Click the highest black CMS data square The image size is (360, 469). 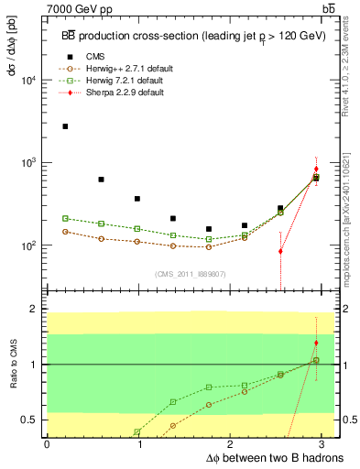point(65,126)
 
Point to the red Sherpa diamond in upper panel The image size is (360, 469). point(316,169)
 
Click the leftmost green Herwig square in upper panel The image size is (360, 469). point(65,218)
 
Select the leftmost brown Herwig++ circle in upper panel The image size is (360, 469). point(65,232)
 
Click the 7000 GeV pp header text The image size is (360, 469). point(78,8)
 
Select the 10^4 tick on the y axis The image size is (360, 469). point(35,81)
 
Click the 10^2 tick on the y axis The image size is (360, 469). point(35,245)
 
